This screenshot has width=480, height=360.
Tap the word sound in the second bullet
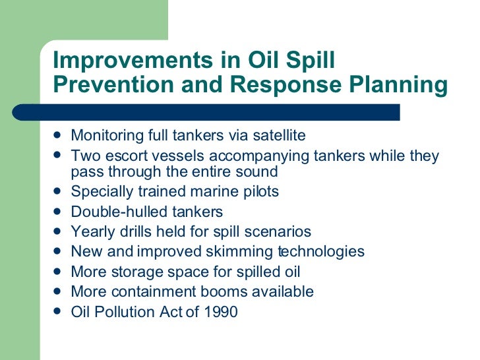pyautogui.click(x=259, y=172)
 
